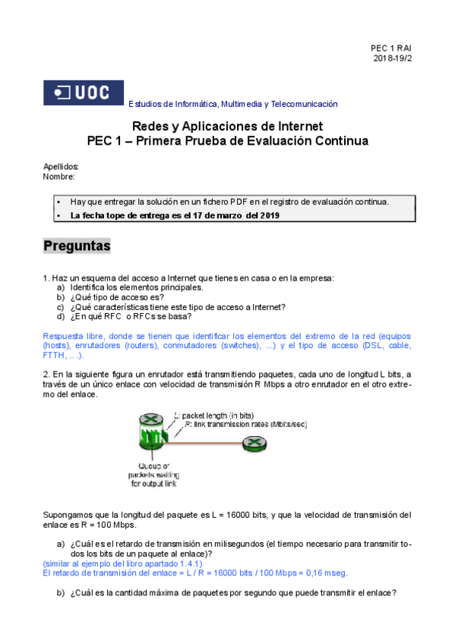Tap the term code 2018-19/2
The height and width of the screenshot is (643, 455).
(393, 58)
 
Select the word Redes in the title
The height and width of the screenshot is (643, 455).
(150, 126)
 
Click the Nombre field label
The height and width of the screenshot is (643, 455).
(59, 177)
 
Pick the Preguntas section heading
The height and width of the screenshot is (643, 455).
(77, 246)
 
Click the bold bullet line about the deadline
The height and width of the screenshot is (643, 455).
(175, 215)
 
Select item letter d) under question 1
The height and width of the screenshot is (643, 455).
(61, 317)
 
